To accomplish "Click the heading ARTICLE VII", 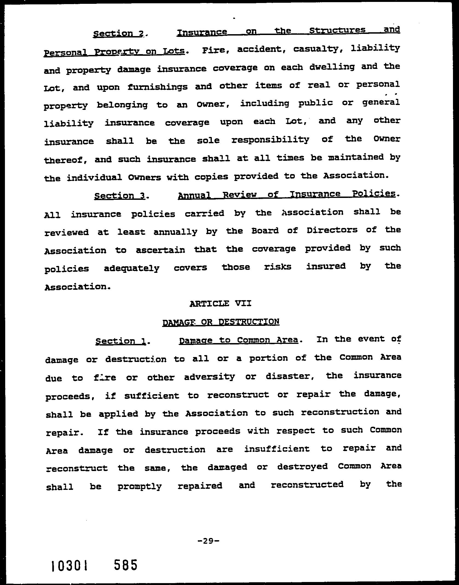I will (x=220, y=303).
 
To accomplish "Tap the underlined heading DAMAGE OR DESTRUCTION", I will (x=221, y=322).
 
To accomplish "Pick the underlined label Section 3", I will (x=119, y=196).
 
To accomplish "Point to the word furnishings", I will (x=157, y=87).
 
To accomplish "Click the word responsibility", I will (x=270, y=140).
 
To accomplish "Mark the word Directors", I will (x=332, y=230).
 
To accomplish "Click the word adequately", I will (x=131, y=268).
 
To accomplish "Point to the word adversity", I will (x=209, y=377).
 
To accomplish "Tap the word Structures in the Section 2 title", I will (x=337, y=30).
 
